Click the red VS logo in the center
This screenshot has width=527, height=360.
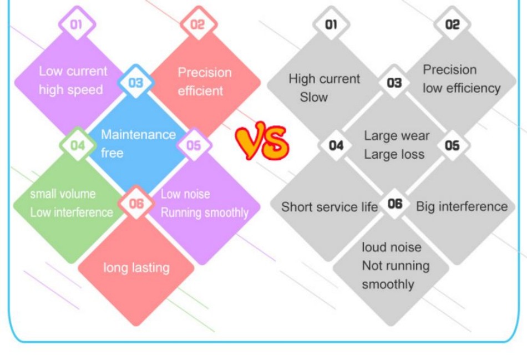[262, 141]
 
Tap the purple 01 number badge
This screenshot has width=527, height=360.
[77, 24]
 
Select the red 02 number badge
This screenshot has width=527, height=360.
[197, 24]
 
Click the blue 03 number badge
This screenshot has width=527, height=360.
[136, 83]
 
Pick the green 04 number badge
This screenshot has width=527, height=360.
[78, 145]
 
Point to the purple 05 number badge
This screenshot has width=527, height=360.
[194, 145]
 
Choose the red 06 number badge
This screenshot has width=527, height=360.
[136, 204]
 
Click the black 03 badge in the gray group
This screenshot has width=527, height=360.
[394, 83]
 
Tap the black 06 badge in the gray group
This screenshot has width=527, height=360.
[395, 204]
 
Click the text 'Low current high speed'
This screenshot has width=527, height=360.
[72, 80]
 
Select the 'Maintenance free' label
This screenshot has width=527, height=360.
[138, 143]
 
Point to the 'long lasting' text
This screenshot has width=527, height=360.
[136, 268]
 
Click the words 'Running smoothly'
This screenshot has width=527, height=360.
[204, 212]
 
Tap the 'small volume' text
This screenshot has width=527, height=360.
[63, 194]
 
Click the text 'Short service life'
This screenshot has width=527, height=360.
[330, 207]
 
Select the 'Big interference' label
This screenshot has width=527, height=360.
[462, 207]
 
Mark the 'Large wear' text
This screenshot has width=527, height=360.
[397, 136]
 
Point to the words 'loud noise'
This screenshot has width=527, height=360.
[392, 247]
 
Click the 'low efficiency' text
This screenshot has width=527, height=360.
[461, 88]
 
